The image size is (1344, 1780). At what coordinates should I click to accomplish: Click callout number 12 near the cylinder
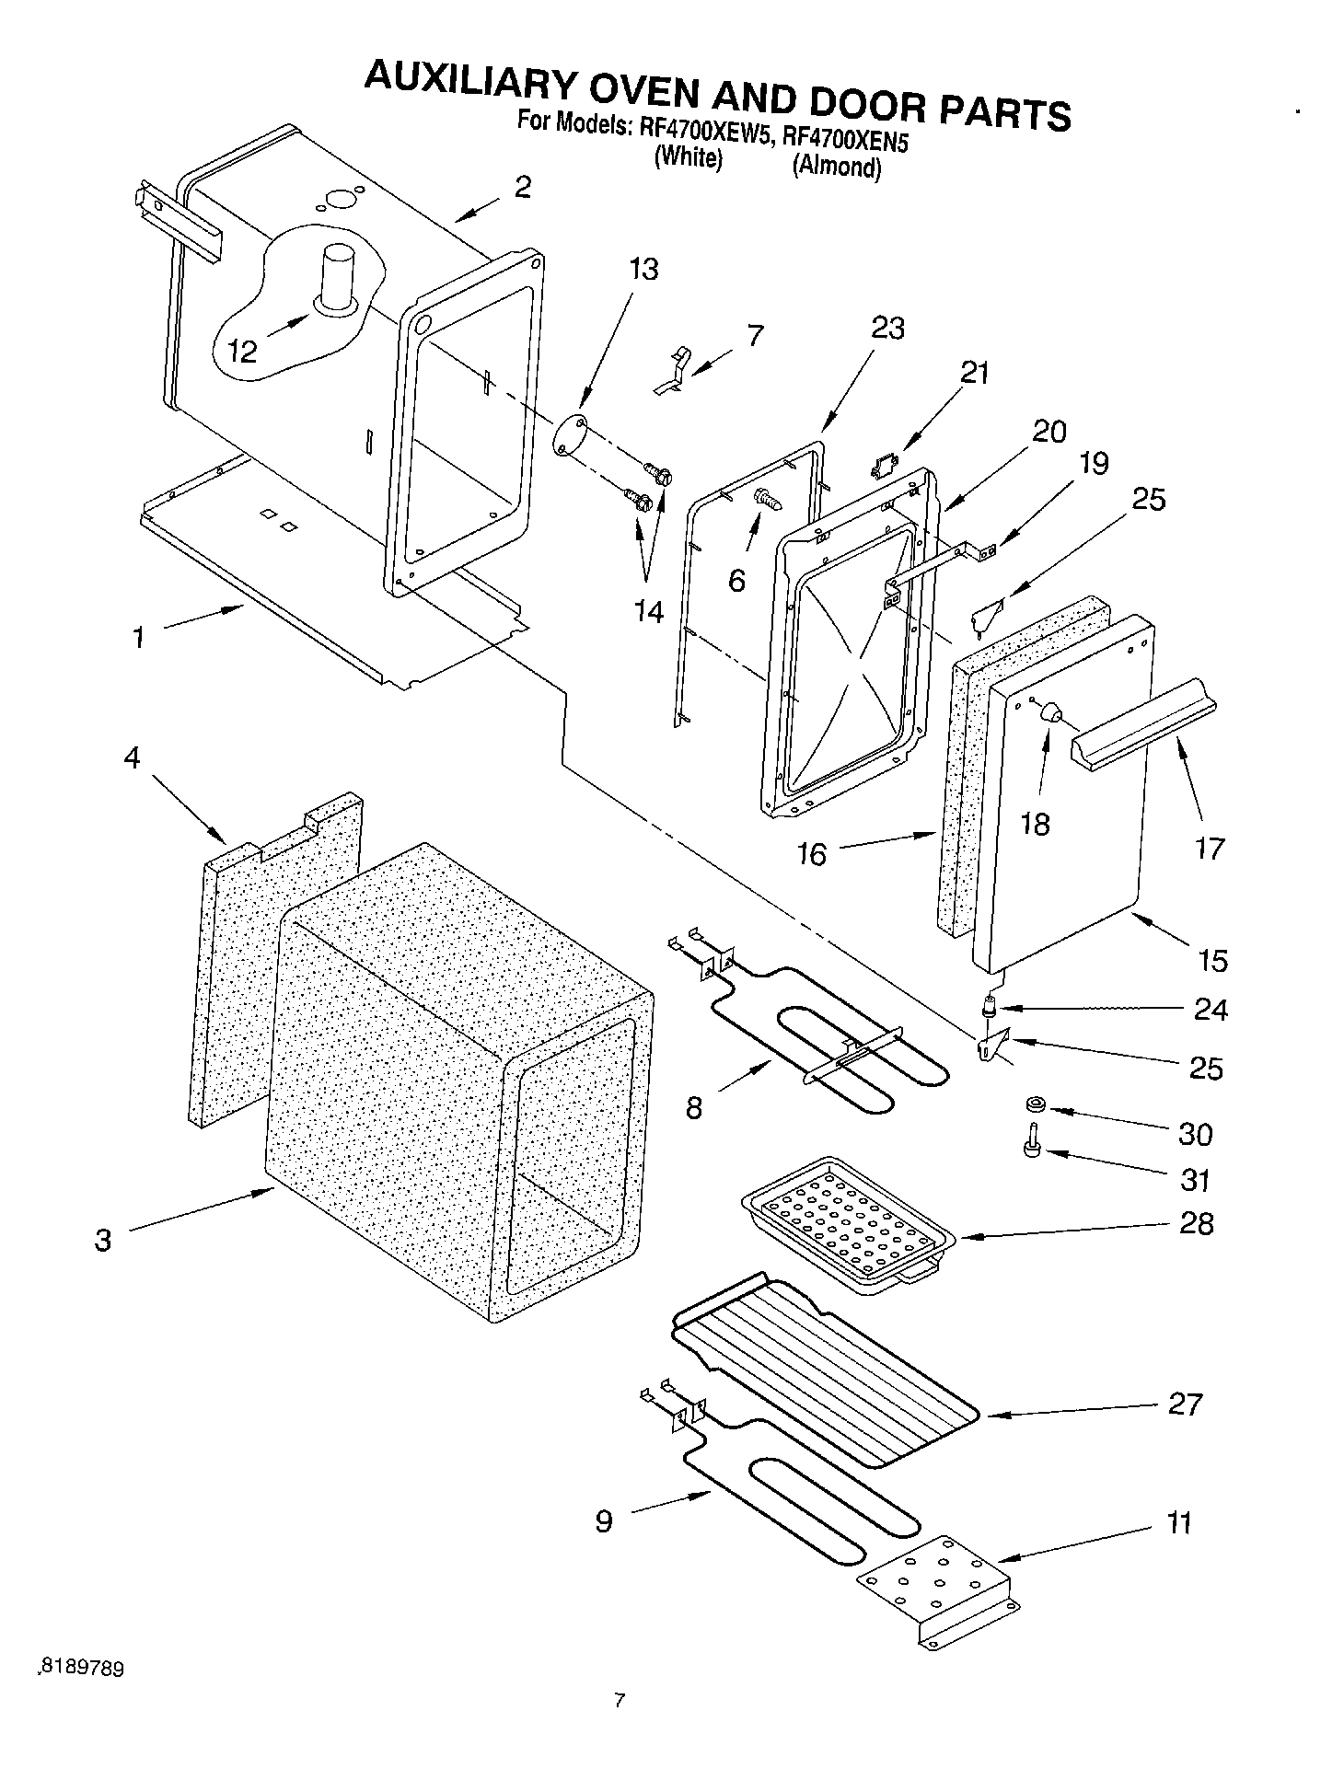click(242, 350)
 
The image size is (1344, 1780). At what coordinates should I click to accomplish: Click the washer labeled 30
click(1035, 1104)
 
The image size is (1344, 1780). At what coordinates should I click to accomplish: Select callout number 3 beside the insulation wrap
click(103, 1239)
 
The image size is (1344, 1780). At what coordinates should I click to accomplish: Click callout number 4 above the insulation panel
click(133, 758)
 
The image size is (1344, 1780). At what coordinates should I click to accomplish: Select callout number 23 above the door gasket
click(886, 328)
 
